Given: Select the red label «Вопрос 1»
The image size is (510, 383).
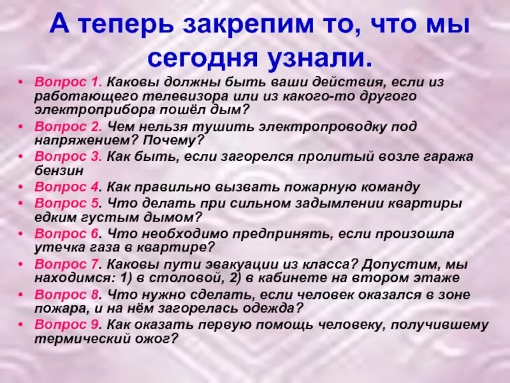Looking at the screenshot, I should tap(68, 82).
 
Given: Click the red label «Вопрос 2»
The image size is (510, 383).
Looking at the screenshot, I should tap(68, 126).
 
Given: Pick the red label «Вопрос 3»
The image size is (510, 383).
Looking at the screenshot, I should tap(68, 157).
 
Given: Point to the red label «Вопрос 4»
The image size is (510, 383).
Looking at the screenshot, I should tap(68, 187).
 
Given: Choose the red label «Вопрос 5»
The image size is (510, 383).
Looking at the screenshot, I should tap(68, 203).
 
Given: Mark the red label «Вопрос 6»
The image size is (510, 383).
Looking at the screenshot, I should tap(68, 233).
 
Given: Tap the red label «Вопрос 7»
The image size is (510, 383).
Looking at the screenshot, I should tap(68, 264).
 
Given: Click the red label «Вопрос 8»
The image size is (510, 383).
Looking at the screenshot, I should tap(68, 294).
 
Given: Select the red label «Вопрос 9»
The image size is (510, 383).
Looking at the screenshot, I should tap(68, 324).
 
